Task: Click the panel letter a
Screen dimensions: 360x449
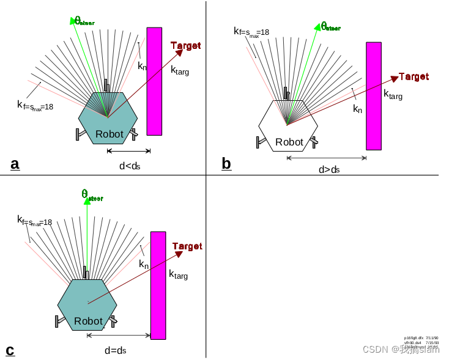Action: (15, 164)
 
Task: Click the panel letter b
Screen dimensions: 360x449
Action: (226, 164)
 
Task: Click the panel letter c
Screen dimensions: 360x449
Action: (10, 350)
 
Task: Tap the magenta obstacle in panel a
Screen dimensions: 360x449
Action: (154, 81)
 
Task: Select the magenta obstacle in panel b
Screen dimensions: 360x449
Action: (373, 96)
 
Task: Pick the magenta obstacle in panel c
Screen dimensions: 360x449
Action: (158, 285)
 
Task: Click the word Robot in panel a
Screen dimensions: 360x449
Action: (109, 134)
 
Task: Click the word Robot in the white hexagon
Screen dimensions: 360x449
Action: (289, 142)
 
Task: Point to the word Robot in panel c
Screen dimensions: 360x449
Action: (88, 321)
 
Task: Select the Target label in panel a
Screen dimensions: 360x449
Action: (185, 46)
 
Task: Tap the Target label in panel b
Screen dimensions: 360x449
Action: (414, 77)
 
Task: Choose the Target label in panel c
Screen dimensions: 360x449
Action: (187, 246)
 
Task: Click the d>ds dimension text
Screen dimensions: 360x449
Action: (328, 170)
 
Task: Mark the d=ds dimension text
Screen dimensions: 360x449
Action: (115, 350)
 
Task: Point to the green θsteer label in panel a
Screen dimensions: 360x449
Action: (84, 21)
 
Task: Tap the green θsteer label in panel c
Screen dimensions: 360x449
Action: (92, 195)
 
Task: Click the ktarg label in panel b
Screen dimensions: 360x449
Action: (393, 95)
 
